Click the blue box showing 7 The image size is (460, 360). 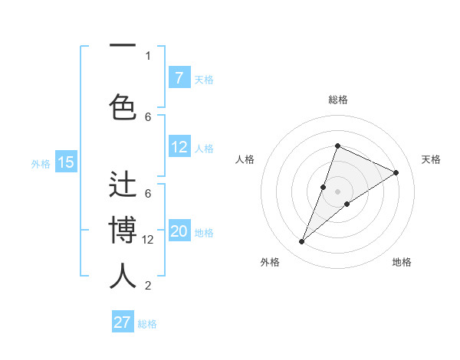(x=179, y=77)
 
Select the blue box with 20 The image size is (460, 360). (x=179, y=232)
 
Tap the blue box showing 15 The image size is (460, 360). (x=66, y=162)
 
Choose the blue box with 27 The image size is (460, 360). (x=123, y=322)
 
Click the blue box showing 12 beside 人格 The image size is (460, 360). (x=179, y=147)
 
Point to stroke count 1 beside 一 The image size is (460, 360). (x=148, y=55)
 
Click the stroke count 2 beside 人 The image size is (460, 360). (x=148, y=286)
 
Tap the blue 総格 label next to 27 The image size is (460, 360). (x=148, y=324)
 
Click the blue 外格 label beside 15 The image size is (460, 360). (x=41, y=163)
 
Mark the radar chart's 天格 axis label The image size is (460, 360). (x=431, y=159)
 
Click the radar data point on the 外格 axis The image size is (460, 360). (x=301, y=242)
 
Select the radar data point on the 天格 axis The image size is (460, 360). (x=396, y=172)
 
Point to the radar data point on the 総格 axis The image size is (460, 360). (x=337, y=146)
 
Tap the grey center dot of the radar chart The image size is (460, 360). (x=337, y=191)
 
